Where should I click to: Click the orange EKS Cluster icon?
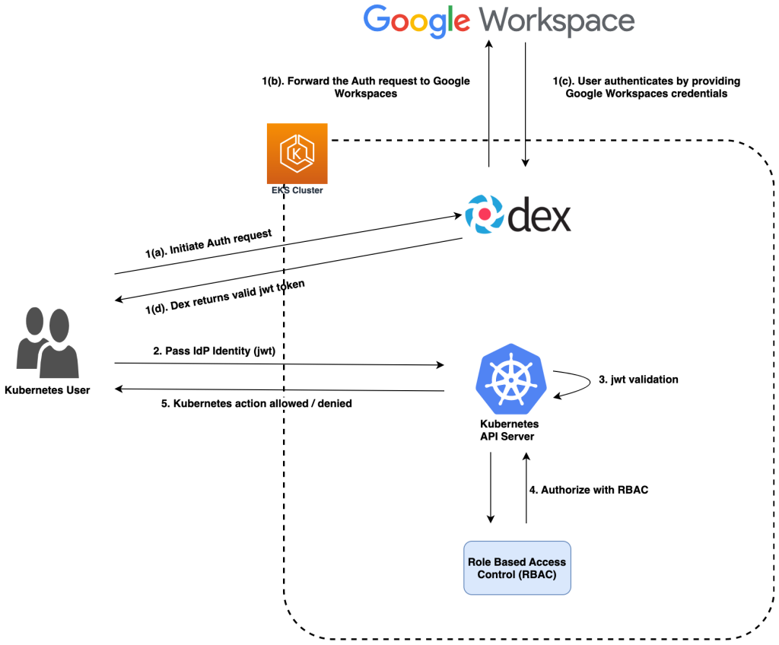pyautogui.click(x=297, y=153)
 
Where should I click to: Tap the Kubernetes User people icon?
pyautogui.click(x=46, y=343)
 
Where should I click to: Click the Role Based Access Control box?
pyautogui.click(x=517, y=567)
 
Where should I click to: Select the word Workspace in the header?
pyautogui.click(x=558, y=21)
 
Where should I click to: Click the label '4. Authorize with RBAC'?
pyautogui.click(x=589, y=490)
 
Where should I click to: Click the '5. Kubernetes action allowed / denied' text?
pyautogui.click(x=256, y=403)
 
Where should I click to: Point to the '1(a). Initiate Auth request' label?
pyautogui.click(x=208, y=245)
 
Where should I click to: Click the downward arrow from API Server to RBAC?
pyautogui.click(x=491, y=488)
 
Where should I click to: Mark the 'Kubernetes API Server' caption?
pyautogui.click(x=510, y=430)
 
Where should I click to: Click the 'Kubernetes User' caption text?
pyautogui.click(x=47, y=390)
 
